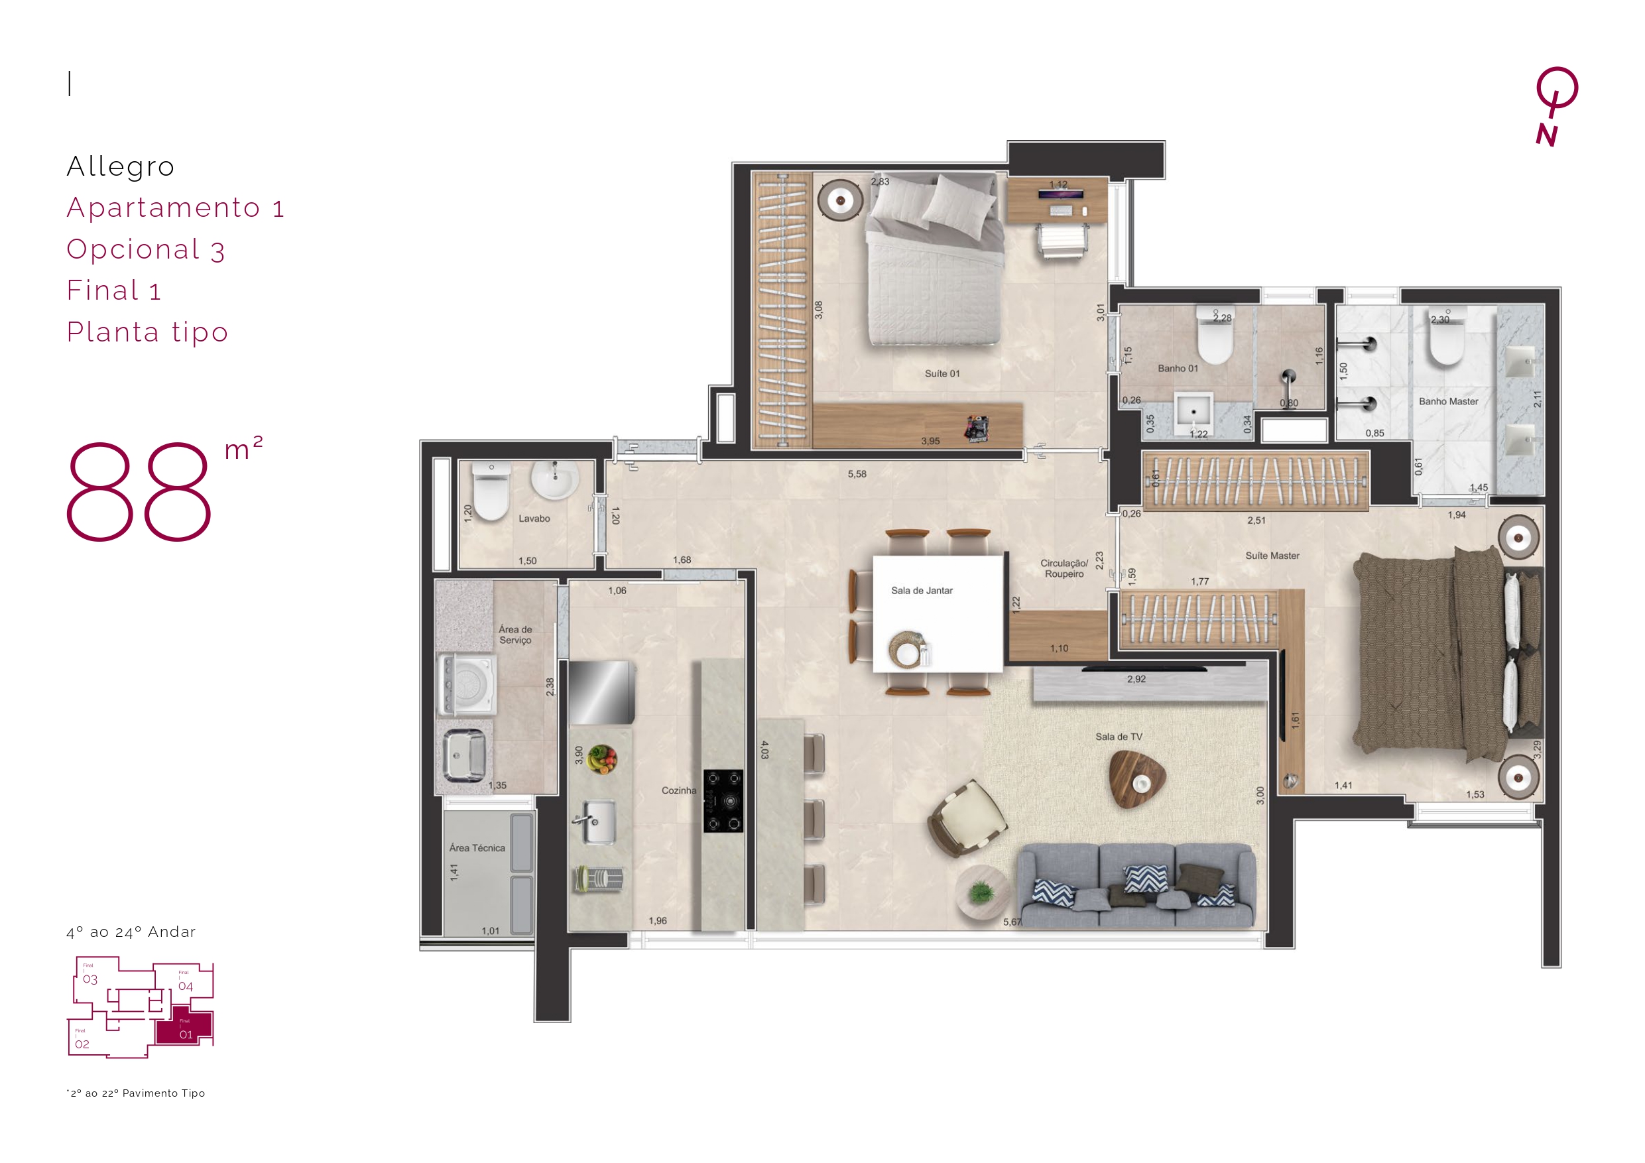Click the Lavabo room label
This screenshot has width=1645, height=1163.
click(x=534, y=518)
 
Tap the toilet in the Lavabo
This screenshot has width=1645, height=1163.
click(x=491, y=491)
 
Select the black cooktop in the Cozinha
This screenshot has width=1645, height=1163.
click(x=723, y=801)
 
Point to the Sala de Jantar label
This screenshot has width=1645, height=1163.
click(x=922, y=591)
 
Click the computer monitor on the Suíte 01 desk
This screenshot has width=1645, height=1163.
click(x=1061, y=194)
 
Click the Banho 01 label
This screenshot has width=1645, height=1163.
click(x=1178, y=368)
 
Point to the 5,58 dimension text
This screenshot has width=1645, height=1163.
click(x=857, y=473)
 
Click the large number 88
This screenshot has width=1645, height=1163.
click(x=139, y=491)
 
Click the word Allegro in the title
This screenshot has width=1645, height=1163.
click(x=121, y=166)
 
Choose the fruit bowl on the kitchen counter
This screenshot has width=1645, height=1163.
click(x=602, y=760)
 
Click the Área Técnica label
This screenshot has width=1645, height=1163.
click(x=477, y=847)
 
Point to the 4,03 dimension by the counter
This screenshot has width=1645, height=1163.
click(x=764, y=751)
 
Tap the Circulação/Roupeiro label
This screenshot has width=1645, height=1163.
click(x=1064, y=568)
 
